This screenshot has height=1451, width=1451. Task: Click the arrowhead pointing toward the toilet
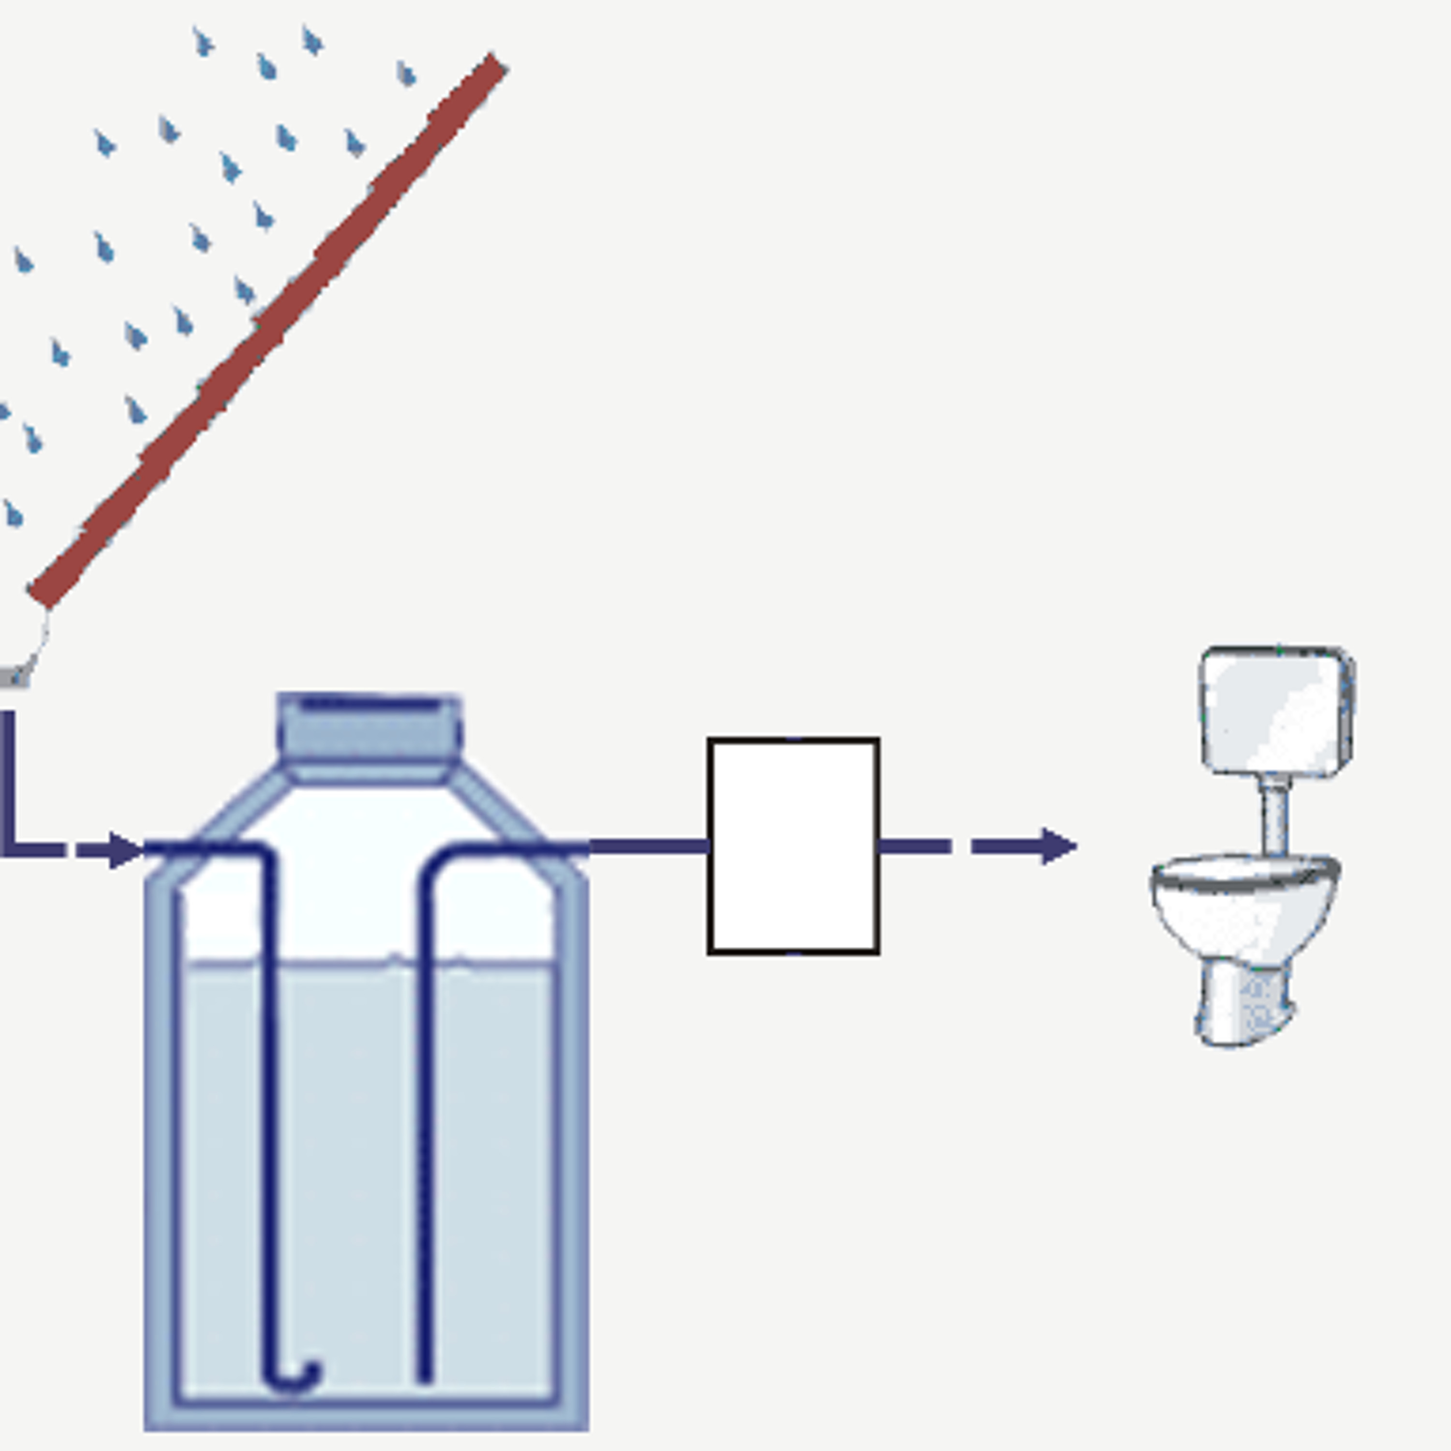[1059, 846]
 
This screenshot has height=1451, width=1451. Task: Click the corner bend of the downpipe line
[9, 849]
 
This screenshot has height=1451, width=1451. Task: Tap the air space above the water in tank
[345, 901]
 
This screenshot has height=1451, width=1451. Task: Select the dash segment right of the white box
[915, 846]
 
